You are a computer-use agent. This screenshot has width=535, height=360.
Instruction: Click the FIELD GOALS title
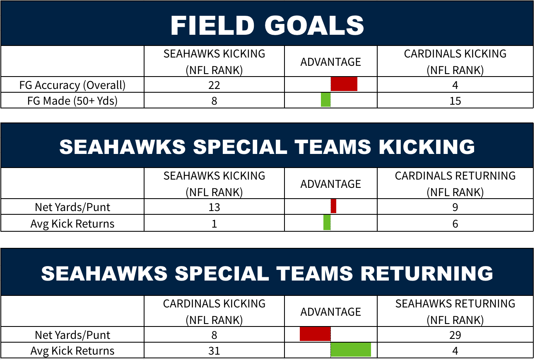click(267, 25)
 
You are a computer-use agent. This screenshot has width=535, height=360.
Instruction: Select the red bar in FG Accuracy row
click(344, 84)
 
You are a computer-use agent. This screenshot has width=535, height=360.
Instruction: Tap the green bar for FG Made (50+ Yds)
click(326, 100)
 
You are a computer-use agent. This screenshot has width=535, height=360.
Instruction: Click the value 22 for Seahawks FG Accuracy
click(214, 85)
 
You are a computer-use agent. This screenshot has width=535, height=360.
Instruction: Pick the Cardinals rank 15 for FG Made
click(455, 101)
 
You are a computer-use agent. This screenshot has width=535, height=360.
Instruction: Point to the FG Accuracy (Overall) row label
click(72, 86)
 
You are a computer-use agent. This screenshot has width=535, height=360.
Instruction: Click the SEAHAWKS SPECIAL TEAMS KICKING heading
click(267, 146)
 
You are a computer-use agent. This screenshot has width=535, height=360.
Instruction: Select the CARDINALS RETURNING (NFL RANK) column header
click(455, 184)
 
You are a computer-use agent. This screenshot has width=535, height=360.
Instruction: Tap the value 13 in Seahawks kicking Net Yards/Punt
click(214, 207)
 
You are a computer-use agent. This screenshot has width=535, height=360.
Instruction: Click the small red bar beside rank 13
click(333, 206)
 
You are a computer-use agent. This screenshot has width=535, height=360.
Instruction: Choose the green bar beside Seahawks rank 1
click(327, 223)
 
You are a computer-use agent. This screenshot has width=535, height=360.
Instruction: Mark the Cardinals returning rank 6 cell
click(455, 224)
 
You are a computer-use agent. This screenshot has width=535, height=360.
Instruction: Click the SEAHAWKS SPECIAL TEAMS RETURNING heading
click(267, 274)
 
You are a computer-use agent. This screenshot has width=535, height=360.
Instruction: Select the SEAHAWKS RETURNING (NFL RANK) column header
click(455, 312)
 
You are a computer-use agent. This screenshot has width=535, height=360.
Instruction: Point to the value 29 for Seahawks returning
click(455, 335)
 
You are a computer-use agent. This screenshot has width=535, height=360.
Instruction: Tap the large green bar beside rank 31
click(351, 350)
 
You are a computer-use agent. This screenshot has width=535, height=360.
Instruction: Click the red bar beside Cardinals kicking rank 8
click(315, 334)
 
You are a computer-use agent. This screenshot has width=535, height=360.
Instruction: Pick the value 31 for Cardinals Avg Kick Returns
click(214, 351)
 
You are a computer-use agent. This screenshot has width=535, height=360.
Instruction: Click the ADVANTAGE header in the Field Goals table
click(330, 62)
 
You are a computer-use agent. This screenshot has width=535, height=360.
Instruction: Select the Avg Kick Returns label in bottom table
click(72, 351)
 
